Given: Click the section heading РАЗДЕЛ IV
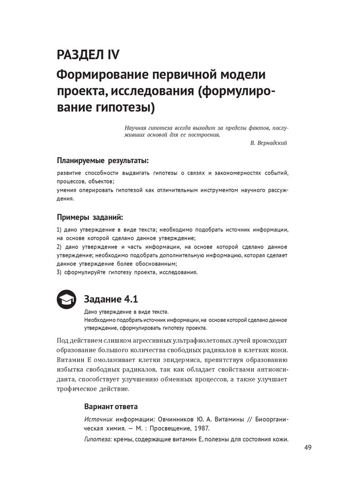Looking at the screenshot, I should (x=88, y=54).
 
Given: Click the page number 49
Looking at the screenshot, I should (x=308, y=447).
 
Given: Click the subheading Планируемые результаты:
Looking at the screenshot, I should (x=102, y=161).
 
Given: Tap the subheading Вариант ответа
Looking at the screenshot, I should (x=111, y=406).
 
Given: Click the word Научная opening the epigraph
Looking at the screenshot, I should (x=136, y=128).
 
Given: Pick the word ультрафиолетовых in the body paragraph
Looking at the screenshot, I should (x=200, y=340).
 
